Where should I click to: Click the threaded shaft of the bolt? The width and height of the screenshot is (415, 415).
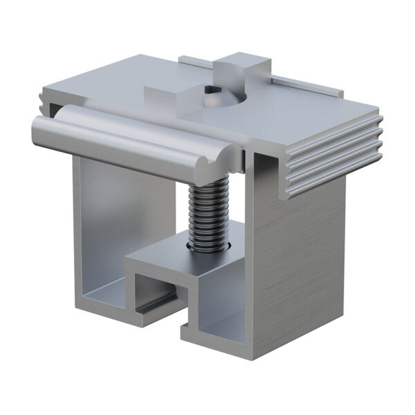pos(207,214)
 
